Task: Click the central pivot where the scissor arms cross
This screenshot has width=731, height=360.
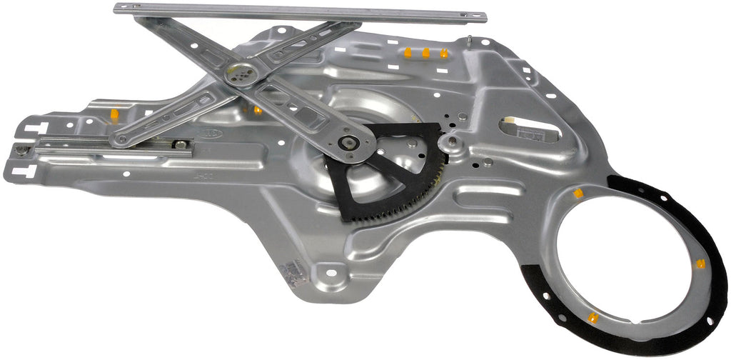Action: pyautogui.click(x=241, y=71)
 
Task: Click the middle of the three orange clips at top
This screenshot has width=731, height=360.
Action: pyautogui.click(x=425, y=53)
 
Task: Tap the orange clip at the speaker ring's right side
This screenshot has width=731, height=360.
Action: pyautogui.click(x=700, y=264)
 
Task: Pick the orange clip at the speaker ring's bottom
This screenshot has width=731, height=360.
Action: pyautogui.click(x=592, y=318)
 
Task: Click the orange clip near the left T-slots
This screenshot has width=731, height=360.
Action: pyautogui.click(x=114, y=114)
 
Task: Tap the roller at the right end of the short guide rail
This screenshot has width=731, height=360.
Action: pyautogui.click(x=182, y=145)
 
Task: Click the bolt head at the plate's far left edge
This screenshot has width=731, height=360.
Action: pyautogui.click(x=24, y=150)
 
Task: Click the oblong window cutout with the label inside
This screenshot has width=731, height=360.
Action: pyautogui.click(x=528, y=129)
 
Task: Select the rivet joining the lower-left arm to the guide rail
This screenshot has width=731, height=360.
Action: pyautogui.click(x=122, y=139)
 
